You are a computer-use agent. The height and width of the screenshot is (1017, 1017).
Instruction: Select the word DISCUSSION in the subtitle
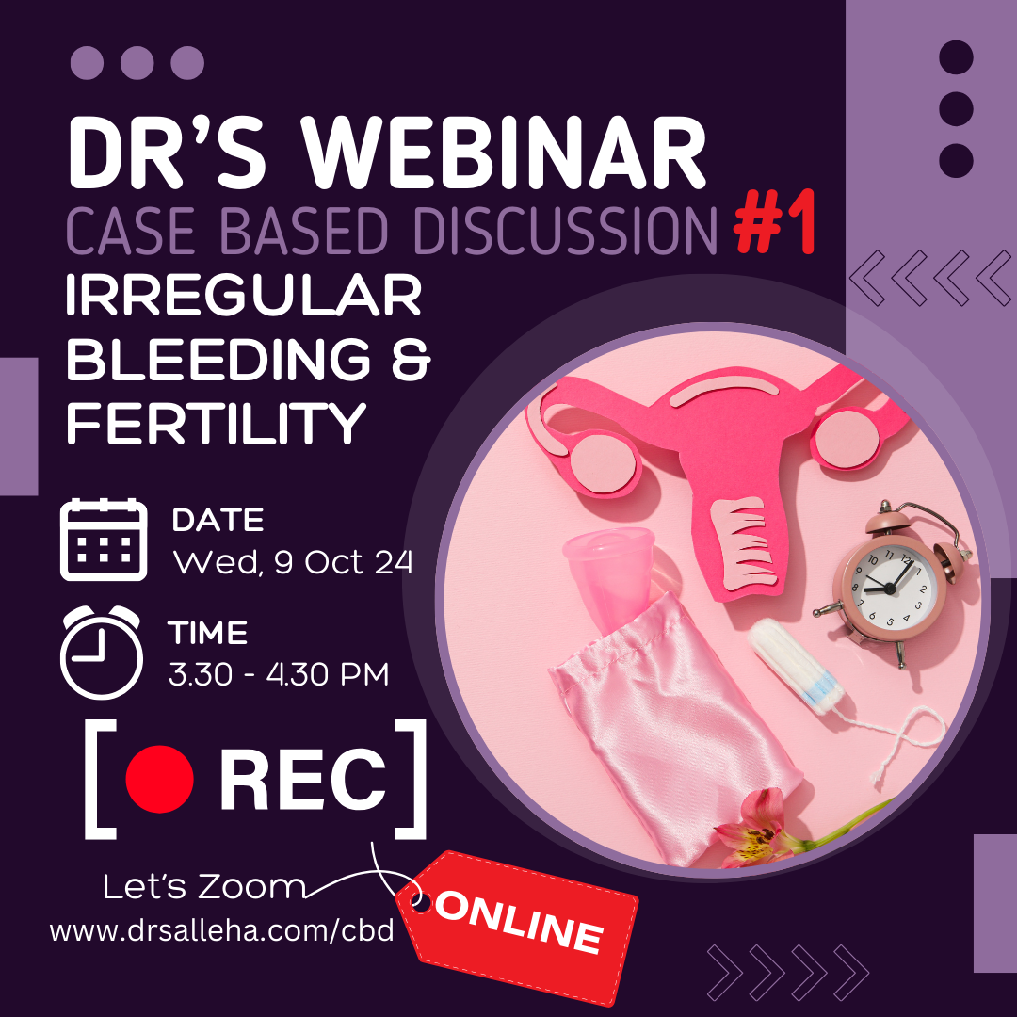pos(566,231)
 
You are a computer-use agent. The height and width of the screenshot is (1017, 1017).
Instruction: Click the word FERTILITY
pos(217,423)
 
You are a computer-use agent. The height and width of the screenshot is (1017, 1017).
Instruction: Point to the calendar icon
pos(104,540)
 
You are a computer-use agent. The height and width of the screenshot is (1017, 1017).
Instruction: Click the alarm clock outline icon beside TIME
pos(101,653)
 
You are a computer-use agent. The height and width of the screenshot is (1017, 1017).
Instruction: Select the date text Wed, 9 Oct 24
pos(293,561)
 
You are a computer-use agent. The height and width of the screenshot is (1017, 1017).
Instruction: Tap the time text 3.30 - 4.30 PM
pos(279,674)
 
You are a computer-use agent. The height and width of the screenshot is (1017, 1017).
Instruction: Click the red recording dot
pos(159,779)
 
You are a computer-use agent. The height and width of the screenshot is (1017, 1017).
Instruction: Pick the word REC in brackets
pos(303,779)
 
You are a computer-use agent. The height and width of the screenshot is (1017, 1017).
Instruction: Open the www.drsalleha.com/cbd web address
pos(222,930)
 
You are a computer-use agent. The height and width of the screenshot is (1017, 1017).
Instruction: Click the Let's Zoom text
pos(203,887)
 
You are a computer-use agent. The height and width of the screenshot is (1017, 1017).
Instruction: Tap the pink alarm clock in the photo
pos(893,584)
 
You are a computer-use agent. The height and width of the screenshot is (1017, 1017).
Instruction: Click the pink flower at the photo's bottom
pos(757,827)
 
